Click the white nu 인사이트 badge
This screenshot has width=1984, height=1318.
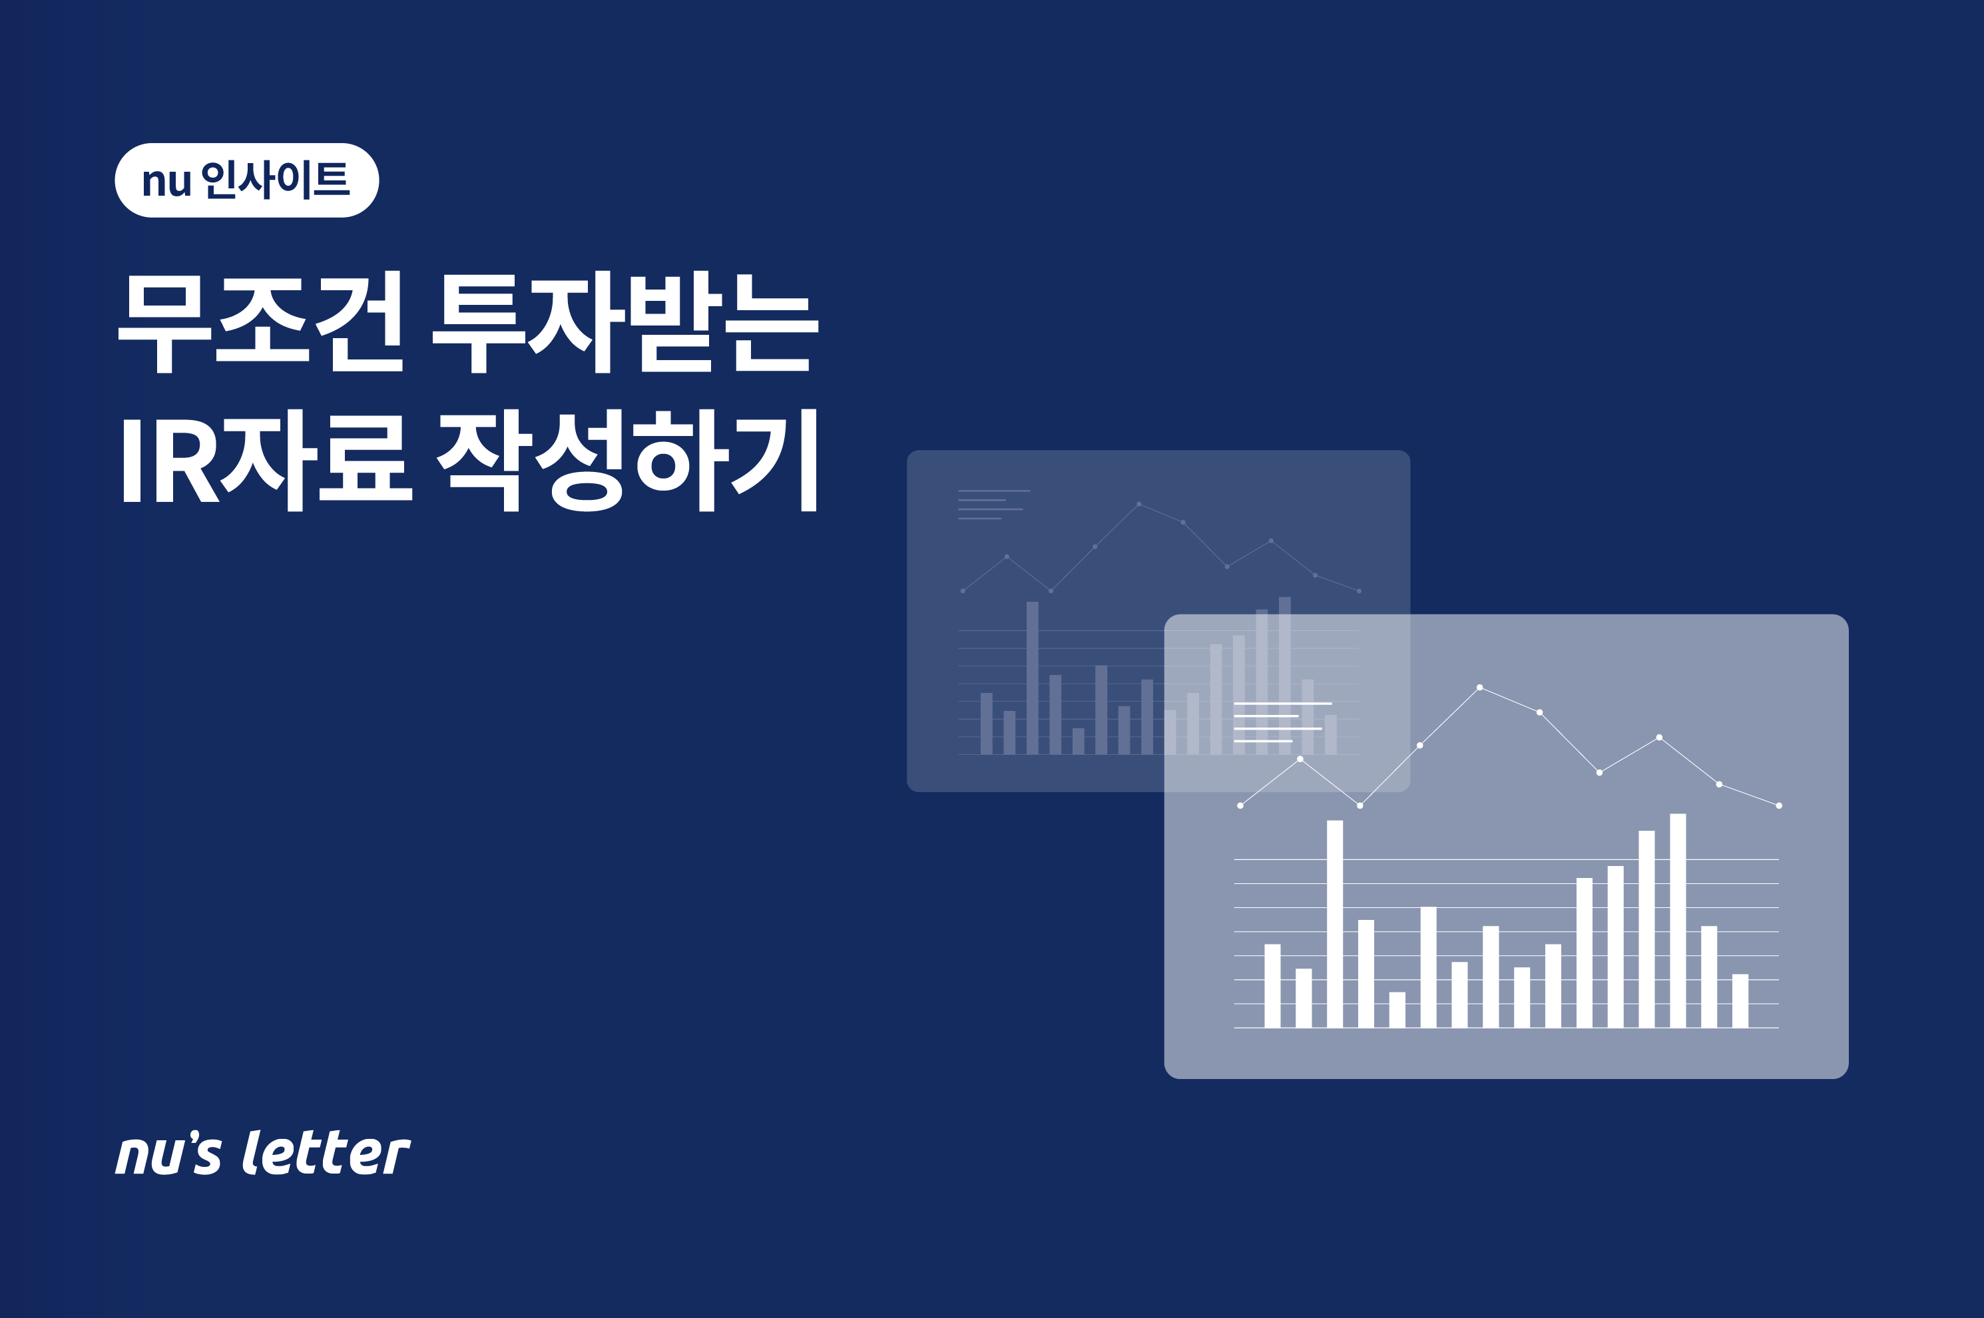(246, 180)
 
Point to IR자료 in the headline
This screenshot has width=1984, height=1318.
(268, 460)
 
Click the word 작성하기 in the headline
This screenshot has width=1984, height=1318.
(627, 460)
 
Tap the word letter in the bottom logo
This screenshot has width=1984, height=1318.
(326, 1152)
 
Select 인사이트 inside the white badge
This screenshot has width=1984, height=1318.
(276, 180)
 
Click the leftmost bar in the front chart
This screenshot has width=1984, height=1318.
(1272, 985)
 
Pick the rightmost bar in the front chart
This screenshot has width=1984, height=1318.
(1740, 1000)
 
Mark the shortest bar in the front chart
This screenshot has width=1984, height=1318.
(1396, 1010)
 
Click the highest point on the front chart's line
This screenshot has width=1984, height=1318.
(1479, 688)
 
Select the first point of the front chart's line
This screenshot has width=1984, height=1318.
(1240, 805)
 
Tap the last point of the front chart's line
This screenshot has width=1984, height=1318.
(1779, 805)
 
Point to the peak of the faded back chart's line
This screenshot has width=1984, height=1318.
(1139, 503)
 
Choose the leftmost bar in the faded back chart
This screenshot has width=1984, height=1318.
(986, 724)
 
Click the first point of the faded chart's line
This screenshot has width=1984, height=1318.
(963, 591)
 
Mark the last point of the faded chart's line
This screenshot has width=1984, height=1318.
(1360, 591)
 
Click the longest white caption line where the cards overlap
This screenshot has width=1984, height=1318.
(1283, 703)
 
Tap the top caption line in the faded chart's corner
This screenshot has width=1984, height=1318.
(994, 491)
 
